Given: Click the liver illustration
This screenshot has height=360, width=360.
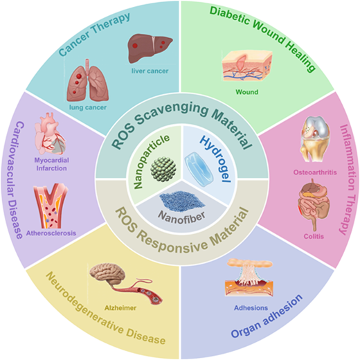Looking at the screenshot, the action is (150, 48).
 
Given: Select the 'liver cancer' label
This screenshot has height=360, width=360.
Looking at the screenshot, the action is (150, 71).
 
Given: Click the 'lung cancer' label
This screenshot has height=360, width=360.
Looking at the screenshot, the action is (88, 107).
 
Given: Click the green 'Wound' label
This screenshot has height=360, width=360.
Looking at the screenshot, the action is (247, 92).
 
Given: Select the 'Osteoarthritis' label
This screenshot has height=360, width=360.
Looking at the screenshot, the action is (315, 172).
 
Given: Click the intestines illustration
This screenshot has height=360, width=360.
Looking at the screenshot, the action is (314, 205).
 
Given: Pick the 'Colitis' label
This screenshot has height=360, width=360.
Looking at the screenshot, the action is (314, 236).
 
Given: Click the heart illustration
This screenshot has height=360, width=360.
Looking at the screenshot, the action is (50, 134).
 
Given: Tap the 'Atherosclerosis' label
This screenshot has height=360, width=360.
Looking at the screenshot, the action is (51, 233).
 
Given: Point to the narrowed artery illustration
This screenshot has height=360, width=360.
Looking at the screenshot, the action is (51, 206).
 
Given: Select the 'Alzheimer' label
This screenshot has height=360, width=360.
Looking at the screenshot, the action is (120, 308).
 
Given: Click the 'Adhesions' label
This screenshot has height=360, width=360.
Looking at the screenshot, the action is (251, 308).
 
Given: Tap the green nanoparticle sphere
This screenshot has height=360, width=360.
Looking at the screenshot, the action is (163, 170).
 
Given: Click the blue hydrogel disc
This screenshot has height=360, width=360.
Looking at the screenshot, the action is (199, 169).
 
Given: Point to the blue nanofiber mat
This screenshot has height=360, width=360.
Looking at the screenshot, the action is (182, 201).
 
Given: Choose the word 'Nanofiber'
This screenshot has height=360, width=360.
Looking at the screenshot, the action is (182, 217).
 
